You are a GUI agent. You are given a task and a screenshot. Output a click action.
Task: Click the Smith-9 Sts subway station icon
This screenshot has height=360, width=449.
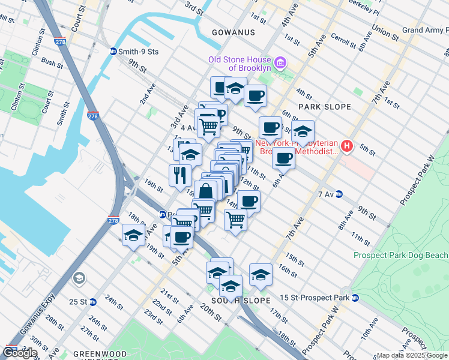pyautogui.click(x=113, y=52)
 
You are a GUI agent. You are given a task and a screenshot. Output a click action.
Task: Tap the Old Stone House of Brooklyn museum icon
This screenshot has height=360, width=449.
pyautogui.click(x=279, y=64)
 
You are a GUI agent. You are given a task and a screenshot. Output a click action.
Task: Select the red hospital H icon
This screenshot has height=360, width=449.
pyautogui.click(x=346, y=146)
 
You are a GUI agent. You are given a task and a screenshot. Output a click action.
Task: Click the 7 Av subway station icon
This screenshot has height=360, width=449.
pyautogui.click(x=339, y=194)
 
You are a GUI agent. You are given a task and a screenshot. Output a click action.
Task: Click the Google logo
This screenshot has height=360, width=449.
pyautogui.click(x=20, y=353)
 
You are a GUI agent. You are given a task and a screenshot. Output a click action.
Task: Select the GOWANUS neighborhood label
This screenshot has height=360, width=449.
pyautogui.click(x=234, y=32)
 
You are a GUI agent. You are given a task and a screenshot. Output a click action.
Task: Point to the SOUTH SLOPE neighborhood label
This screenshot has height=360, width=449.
pyautogui.click(x=234, y=300)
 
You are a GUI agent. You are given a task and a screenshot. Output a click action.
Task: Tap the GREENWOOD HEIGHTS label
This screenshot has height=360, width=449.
pyautogui.click(x=95, y=355)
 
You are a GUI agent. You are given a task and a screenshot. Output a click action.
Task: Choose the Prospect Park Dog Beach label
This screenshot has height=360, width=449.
pyautogui.click(x=400, y=255)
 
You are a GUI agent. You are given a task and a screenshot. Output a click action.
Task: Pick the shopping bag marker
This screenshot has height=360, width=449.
pyautogui.click(x=205, y=191)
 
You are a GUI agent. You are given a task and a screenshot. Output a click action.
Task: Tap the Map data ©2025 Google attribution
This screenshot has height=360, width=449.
pyautogui.click(x=412, y=355)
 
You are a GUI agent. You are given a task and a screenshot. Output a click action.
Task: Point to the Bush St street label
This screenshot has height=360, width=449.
pyautogui.click(x=53, y=62)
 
